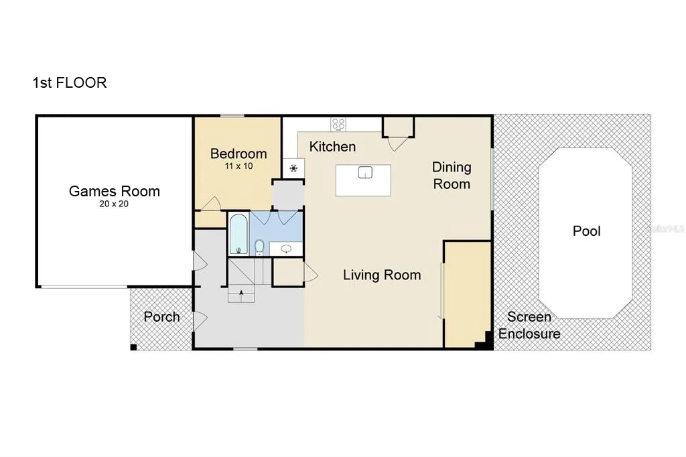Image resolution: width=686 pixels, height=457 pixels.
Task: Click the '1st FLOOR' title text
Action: pyautogui.click(x=70, y=82)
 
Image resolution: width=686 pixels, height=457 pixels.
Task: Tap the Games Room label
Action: pyautogui.click(x=114, y=191)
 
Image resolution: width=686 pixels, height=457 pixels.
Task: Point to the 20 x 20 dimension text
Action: pyautogui.click(x=114, y=204)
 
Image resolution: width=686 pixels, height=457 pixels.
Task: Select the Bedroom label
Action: pyautogui.click(x=238, y=153)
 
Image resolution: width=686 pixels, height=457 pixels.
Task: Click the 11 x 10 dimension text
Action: pyautogui.click(x=239, y=166)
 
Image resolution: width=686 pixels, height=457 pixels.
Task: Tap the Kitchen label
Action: pyautogui.click(x=332, y=147)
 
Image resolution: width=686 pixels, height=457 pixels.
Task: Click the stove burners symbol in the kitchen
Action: pyautogui.click(x=338, y=125)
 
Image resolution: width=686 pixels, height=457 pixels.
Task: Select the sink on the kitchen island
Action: pyautogui.click(x=365, y=172)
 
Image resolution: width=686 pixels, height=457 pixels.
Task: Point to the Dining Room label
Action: pyautogui.click(x=452, y=176)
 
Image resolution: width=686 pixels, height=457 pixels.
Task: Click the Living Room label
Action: pyautogui.click(x=382, y=275)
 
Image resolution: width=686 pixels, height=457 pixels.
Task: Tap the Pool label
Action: pyautogui.click(x=587, y=231)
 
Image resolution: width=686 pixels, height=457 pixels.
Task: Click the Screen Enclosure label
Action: pyautogui.click(x=529, y=325)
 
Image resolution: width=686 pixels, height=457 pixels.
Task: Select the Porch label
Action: pyautogui.click(x=162, y=317)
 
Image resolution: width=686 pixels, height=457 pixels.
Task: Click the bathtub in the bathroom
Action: pyautogui.click(x=238, y=234)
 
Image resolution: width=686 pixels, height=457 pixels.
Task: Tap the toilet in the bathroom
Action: pyautogui.click(x=259, y=247)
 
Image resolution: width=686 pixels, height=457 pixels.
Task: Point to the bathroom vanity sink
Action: pyautogui.click(x=286, y=249)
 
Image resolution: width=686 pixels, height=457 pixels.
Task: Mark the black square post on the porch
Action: pyautogui.click(x=133, y=347)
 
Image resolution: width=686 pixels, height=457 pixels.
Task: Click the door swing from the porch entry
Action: pyautogui.click(x=200, y=321)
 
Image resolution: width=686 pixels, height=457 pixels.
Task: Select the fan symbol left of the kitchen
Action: pyautogui.click(x=293, y=168)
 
